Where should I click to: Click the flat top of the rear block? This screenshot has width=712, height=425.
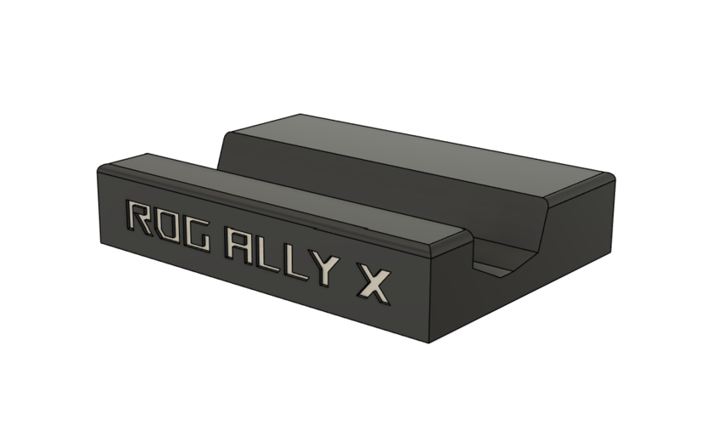click(407, 153)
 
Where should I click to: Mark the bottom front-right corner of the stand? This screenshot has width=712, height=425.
click(429, 343)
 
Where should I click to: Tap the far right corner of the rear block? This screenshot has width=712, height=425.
click(613, 177)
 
